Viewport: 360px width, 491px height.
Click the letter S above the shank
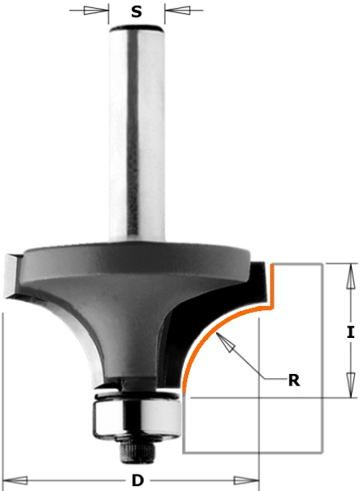(137, 11)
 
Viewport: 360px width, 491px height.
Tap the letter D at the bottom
(137, 480)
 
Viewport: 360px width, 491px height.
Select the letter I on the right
(351, 332)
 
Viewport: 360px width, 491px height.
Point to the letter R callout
(294, 381)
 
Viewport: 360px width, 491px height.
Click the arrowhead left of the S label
(96, 11)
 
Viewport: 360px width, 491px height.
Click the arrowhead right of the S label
(178, 11)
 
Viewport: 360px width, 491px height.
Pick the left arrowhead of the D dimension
(15, 480)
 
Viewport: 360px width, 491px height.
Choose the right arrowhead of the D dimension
(246, 480)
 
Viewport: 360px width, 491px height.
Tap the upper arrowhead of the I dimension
(351, 276)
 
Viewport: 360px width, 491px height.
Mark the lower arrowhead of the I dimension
(351, 385)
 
